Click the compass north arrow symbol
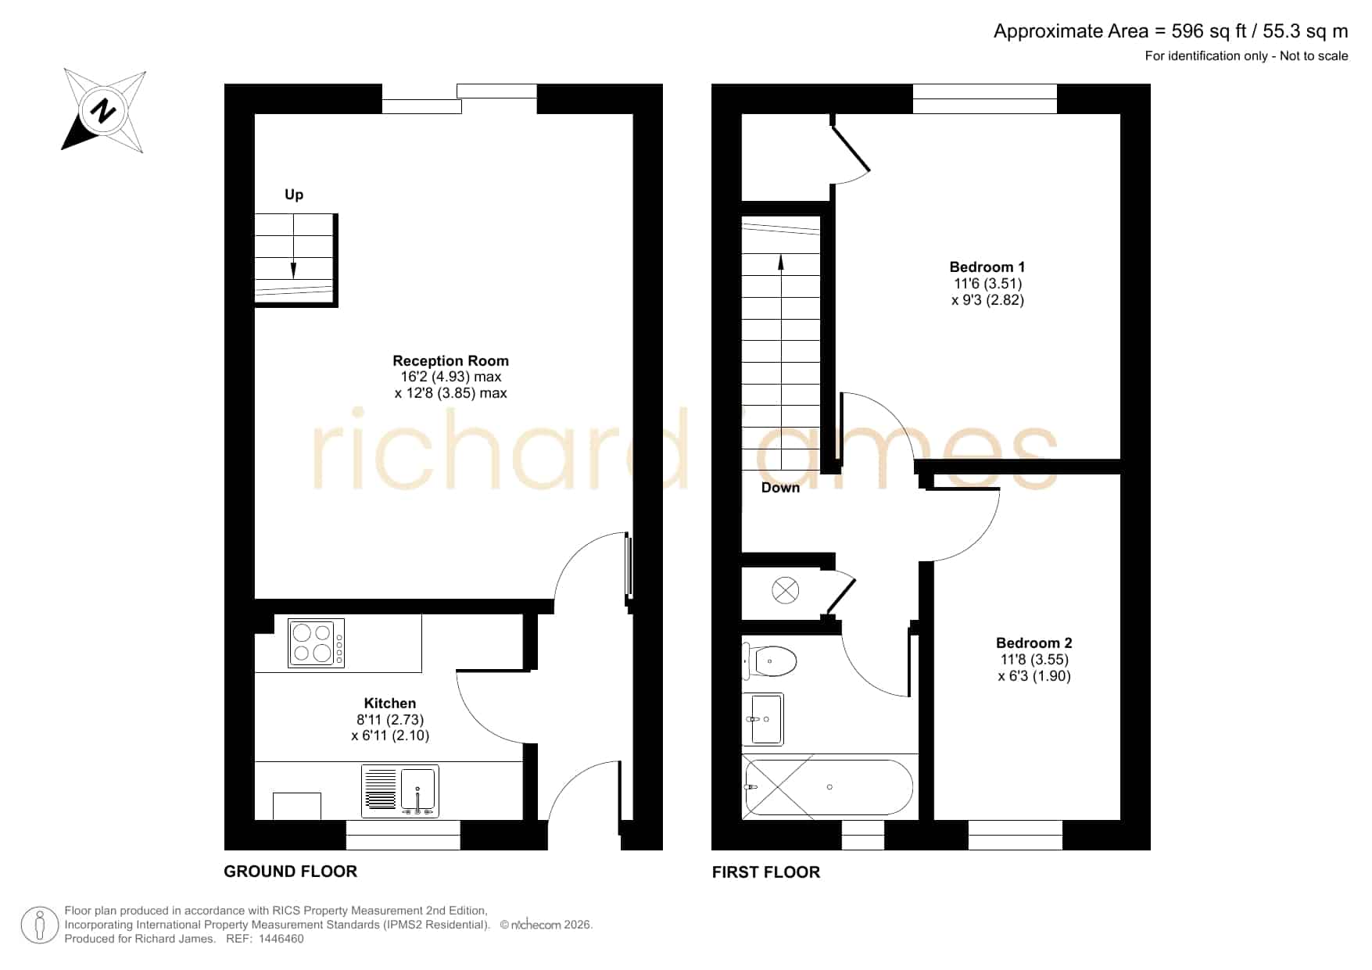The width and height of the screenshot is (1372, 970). (103, 110)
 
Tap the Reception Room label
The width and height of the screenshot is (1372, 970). (450, 361)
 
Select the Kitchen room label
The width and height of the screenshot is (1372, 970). (390, 703)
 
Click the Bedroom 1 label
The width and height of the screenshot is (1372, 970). (987, 267)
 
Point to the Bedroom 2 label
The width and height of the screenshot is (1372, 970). (1034, 643)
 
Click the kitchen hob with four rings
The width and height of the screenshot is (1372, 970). (317, 643)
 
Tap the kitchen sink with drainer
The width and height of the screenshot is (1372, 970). (400, 791)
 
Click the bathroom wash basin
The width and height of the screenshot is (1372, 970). (764, 719)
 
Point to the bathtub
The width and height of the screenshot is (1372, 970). (827, 787)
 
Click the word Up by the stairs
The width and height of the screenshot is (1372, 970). (294, 195)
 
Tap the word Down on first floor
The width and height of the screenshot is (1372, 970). (780, 488)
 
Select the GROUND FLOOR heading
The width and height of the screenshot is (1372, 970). (291, 872)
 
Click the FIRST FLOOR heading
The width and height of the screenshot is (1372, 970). (766, 872)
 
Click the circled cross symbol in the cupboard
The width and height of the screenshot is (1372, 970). (786, 590)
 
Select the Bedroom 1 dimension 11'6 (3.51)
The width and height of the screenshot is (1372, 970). (987, 284)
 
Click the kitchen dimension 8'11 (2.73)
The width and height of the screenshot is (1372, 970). (390, 720)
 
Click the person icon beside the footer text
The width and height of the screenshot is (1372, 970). (39, 925)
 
